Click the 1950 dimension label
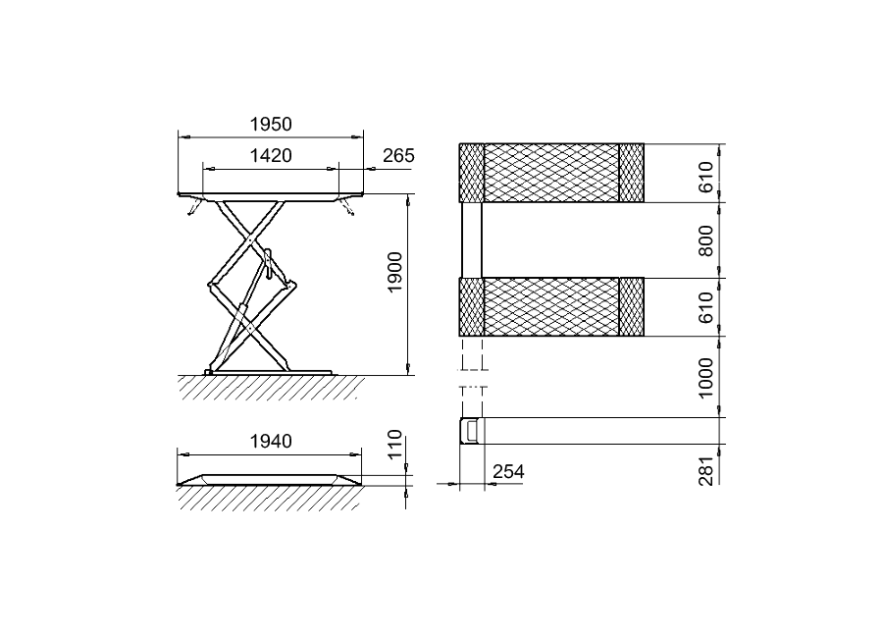point(271,124)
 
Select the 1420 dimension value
point(271,155)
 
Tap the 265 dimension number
point(398,155)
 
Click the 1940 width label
point(271,441)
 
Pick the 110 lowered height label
point(395,444)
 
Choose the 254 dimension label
point(508,472)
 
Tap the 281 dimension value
point(706,470)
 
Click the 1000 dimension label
point(705,378)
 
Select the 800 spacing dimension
point(705,240)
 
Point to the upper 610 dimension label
point(705,177)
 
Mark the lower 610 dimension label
point(705,307)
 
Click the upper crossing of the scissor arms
point(249,239)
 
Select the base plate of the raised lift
point(270,373)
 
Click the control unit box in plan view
point(471,431)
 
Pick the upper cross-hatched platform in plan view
point(551,173)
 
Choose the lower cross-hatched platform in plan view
point(551,307)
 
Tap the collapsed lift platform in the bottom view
point(270,480)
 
